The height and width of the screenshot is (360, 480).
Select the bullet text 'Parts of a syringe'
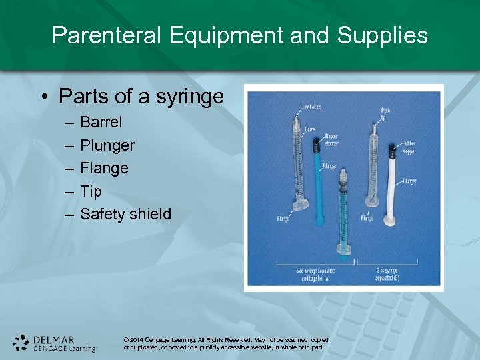[141, 97]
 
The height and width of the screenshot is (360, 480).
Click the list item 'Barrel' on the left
[101, 123]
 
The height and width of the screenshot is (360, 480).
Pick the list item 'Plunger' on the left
[107, 145]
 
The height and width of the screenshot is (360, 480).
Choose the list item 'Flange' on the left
[104, 168]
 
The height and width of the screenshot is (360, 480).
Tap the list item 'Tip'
[91, 191]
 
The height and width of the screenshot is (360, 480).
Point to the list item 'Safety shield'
[125, 214]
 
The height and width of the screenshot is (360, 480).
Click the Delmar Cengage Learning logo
[55, 343]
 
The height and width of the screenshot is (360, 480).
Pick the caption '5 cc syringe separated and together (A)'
[316, 275]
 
